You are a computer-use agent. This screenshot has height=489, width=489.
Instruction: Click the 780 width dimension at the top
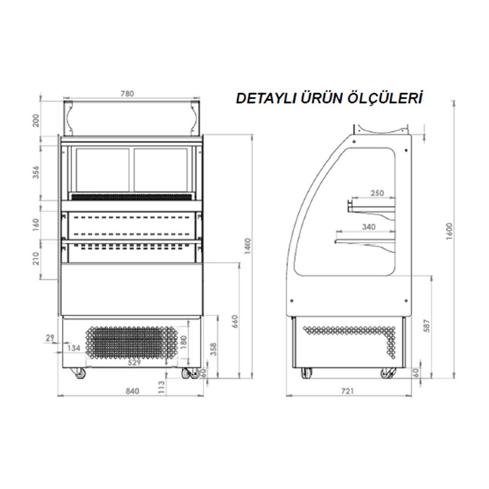click(127, 94)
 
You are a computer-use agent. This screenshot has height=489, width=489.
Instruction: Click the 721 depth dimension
click(348, 391)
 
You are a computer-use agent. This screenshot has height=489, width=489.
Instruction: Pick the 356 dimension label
click(36, 173)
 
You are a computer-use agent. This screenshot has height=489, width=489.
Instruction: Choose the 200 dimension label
click(36, 120)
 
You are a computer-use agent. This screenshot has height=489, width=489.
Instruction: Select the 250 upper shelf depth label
click(377, 194)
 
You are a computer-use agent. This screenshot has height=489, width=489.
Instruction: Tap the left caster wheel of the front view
click(78, 373)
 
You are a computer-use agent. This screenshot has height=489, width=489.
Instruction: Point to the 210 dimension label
click(36, 259)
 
